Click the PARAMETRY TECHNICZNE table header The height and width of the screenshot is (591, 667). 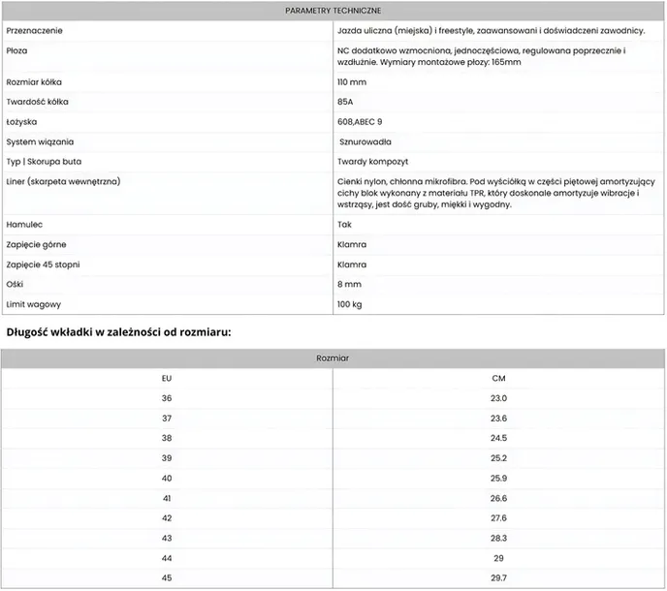point(333,11)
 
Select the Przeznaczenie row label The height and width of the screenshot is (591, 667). point(35,31)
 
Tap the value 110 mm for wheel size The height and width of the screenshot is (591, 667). point(352,82)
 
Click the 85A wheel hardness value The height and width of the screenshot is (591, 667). point(345,103)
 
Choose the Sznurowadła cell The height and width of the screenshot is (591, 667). point(366,142)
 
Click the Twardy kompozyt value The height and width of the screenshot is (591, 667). point(372,162)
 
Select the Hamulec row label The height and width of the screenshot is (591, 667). point(25,224)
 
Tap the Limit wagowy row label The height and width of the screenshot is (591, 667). point(33,305)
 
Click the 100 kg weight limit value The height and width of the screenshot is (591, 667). point(350,305)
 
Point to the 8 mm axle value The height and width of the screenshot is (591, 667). point(349,285)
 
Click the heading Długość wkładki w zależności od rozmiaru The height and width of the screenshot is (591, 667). point(118,332)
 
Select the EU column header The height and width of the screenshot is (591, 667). point(167,378)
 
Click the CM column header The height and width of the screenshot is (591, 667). point(499,378)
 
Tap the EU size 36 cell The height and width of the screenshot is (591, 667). point(167,398)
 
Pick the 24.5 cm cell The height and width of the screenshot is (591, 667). point(499,438)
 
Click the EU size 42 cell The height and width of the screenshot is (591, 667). point(167,518)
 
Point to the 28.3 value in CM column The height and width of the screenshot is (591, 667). point(499,538)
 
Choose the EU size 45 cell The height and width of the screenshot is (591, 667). point(167,578)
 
